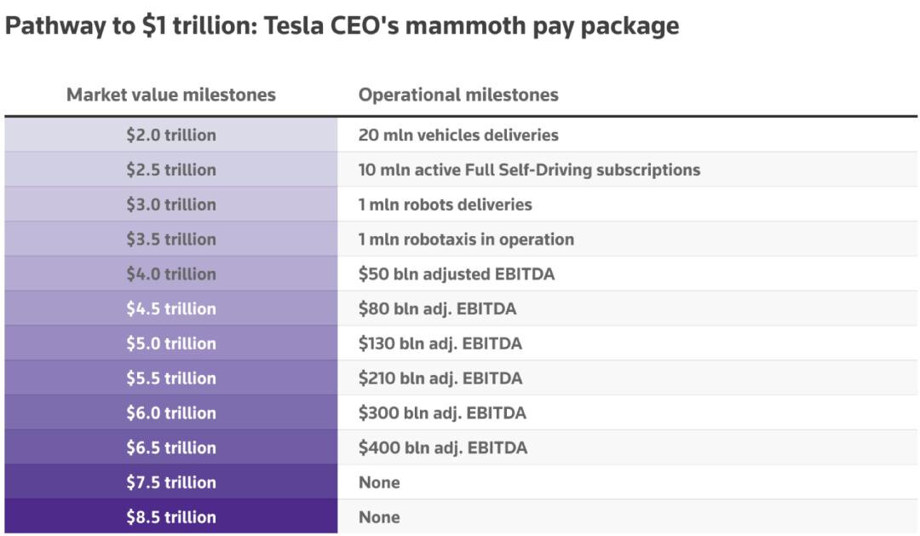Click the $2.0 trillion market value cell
point(171,135)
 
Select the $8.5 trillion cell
point(171,516)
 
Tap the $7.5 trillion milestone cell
point(171,482)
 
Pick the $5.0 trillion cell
point(171,343)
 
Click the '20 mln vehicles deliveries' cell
point(458,135)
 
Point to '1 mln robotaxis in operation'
point(466,239)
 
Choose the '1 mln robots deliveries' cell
point(445,205)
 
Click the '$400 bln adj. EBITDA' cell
point(442,447)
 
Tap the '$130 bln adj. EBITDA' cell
point(440,343)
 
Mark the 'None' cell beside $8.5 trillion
point(379,516)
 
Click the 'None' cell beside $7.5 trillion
point(379,482)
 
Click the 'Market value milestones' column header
point(171,95)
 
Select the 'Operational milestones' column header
point(458,95)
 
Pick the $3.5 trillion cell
point(171,239)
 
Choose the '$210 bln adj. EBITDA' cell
point(440,378)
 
